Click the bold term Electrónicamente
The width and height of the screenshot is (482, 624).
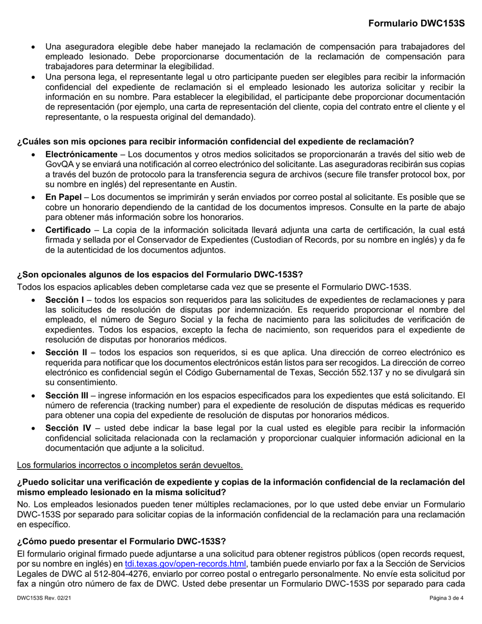tap(81, 154)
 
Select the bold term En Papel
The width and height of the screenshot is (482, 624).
tap(63, 196)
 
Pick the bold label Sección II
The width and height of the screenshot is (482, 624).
tap(66, 352)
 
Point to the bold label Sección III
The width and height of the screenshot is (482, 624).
tap(67, 395)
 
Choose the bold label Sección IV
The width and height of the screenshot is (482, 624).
tap(68, 427)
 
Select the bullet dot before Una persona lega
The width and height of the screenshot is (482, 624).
tap(33, 77)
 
